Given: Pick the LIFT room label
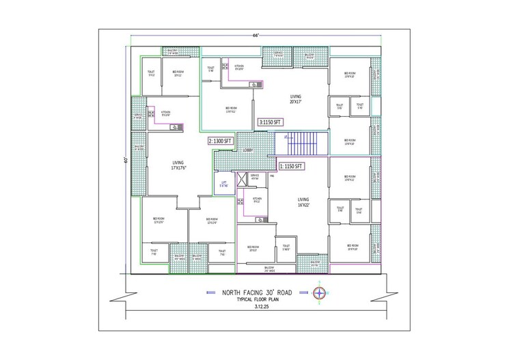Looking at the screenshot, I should click(223, 184).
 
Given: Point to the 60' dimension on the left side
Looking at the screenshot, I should click(126, 160).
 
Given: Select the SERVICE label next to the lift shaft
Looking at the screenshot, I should click(254, 176).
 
